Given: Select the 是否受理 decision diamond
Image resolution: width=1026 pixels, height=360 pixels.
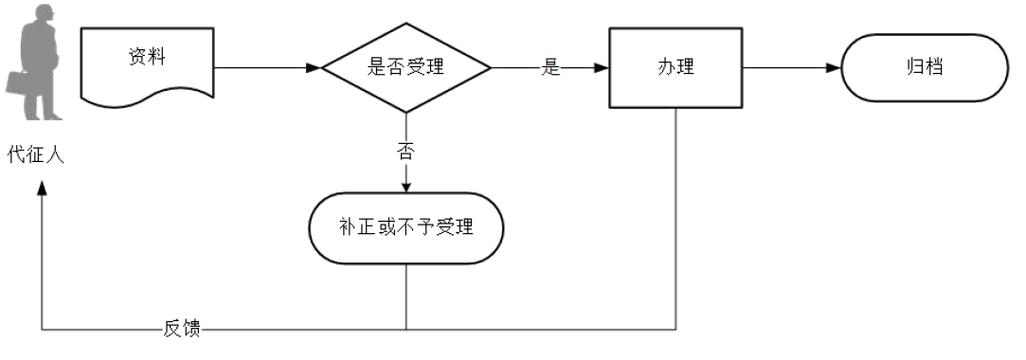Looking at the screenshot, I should point(405,68).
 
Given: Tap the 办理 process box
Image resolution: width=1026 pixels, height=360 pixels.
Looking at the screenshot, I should point(675,68).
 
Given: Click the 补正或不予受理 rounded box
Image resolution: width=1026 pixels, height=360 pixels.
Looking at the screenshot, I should point(405,227).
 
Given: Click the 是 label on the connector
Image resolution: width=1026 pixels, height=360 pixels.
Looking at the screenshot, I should point(550,68).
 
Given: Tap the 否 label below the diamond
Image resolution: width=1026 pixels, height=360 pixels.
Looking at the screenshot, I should point(405,150).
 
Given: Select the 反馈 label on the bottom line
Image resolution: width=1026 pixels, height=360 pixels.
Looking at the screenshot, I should point(182,330).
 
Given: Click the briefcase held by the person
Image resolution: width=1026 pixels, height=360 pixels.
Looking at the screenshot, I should point(21,82).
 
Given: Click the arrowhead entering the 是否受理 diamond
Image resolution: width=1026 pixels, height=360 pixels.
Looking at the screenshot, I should point(314,68).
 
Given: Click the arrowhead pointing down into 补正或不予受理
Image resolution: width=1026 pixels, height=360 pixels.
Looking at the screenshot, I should point(405,186).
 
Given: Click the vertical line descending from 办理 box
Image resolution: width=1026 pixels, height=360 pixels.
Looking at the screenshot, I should point(675,218).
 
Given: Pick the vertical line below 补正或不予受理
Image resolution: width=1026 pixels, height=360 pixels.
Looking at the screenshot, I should point(405,296).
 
